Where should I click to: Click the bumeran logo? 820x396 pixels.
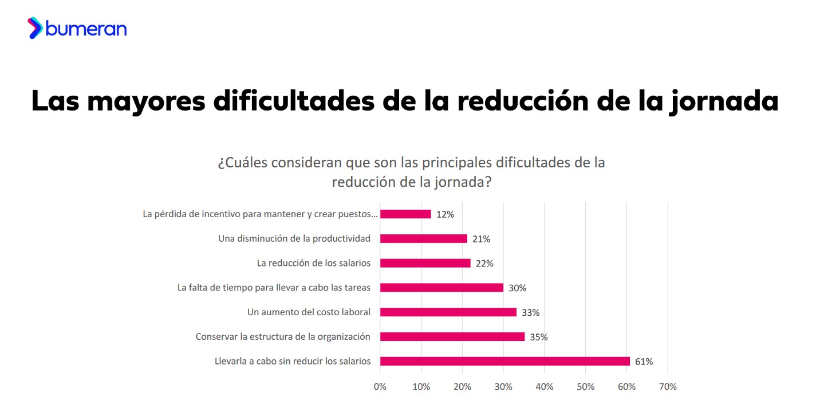pos(77,28)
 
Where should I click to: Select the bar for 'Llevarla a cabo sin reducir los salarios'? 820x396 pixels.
pos(504,361)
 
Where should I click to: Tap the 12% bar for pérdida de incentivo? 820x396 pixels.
pos(405,214)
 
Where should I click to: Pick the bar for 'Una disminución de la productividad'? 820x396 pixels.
pos(423,238)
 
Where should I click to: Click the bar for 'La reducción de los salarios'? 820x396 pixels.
pos(425,263)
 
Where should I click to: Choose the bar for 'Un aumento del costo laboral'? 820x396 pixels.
pos(448,312)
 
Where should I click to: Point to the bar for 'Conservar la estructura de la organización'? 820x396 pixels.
pos(452,337)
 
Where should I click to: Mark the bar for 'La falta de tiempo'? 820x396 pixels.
pos(441,288)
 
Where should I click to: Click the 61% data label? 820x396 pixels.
pos(644,362)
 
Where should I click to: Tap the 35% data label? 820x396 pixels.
pos(538,337)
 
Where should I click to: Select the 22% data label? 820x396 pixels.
pos(484,264)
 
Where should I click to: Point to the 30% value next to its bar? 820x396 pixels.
pos(517,288)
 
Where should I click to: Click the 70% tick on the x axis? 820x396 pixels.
pos(668,386)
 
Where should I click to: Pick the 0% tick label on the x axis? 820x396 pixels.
pos(380,386)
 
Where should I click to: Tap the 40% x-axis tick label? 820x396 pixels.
pos(544,386)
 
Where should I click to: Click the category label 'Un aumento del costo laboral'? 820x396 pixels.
pos(309,312)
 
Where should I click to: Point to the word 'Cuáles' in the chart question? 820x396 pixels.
pos(247,163)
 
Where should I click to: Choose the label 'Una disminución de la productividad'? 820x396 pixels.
pos(294,238)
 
